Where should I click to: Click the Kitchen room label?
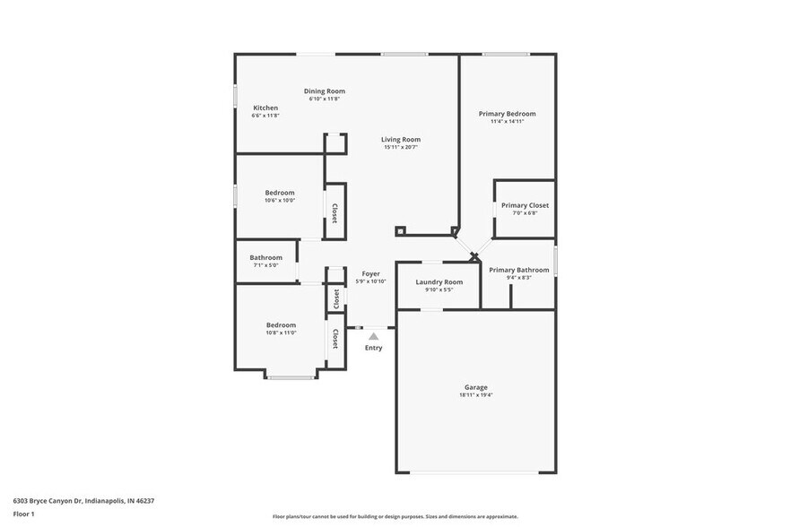(265, 108)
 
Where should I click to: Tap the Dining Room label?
(324, 91)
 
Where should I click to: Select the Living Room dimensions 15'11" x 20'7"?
(400, 148)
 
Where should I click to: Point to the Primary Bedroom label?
(507, 114)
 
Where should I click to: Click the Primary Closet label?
(525, 205)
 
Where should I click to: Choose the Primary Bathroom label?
(518, 270)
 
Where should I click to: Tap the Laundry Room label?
(439, 282)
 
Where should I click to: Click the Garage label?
(475, 387)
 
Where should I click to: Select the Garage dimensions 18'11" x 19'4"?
(475, 395)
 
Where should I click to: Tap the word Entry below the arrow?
(373, 348)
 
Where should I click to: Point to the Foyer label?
(370, 273)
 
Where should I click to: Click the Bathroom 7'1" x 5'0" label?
(265, 258)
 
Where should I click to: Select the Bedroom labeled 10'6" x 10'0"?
(279, 193)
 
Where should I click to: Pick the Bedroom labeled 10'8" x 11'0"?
(280, 325)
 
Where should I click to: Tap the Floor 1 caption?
(23, 514)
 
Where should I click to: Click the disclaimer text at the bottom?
(395, 516)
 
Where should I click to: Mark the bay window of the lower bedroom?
(290, 377)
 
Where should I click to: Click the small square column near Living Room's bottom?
(401, 230)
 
